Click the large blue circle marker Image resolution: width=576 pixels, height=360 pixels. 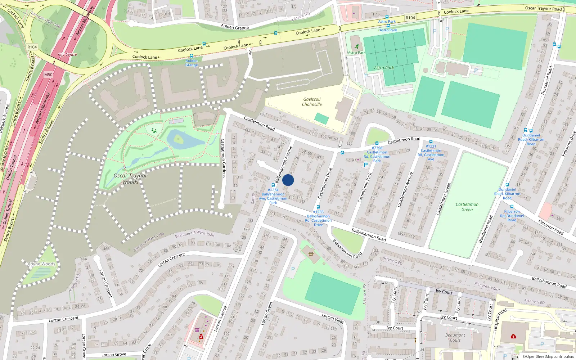coord(288,180)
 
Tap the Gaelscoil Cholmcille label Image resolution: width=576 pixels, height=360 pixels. coord(312,102)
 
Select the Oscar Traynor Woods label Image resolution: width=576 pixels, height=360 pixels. coord(130,179)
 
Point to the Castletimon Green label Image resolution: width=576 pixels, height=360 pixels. coord(467,207)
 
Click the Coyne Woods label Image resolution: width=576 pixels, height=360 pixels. coord(42,264)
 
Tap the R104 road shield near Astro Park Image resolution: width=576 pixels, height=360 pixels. coord(410,18)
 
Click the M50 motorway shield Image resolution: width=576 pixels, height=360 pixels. coord(48,75)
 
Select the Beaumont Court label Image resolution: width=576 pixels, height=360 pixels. coord(455,337)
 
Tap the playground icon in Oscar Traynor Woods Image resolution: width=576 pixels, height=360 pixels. coord(154,130)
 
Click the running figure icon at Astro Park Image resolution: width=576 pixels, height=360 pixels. coord(357,46)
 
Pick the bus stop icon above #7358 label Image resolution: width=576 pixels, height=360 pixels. coord(377,143)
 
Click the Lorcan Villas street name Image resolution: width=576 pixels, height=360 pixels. coord(333,318)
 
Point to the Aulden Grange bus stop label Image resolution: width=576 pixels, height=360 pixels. coord(192,63)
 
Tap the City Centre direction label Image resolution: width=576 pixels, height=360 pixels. coord(68,55)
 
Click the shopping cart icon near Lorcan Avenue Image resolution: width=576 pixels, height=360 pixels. coord(197,329)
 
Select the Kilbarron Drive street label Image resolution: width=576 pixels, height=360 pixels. coord(568,144)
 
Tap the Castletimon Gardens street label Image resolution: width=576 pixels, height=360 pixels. coord(223,158)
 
